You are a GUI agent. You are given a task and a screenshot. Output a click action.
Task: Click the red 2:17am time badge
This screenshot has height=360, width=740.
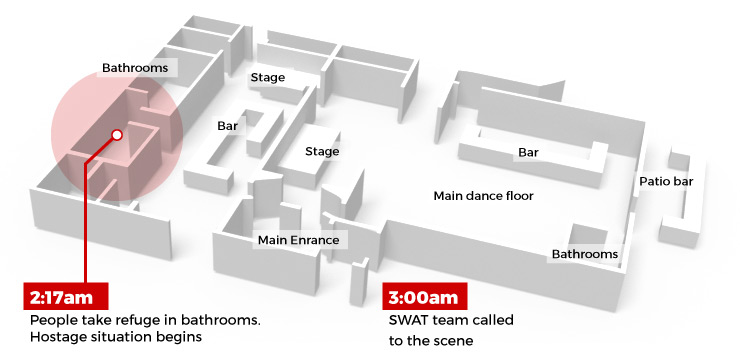[65, 297]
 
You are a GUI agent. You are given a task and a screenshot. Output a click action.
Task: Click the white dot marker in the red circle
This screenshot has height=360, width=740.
[117, 134]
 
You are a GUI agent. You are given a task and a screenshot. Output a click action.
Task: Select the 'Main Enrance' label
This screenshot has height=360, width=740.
[298, 240]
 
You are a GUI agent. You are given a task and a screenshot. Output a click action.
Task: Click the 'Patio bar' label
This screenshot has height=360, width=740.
[666, 182]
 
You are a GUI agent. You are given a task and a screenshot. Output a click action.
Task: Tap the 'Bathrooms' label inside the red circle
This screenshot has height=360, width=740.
[139, 68]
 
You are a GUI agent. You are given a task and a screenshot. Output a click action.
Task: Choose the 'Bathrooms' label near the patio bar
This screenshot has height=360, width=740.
[585, 255]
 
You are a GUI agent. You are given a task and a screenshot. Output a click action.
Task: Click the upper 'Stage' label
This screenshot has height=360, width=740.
[267, 77]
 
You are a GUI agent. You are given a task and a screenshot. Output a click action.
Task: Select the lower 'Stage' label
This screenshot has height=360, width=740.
[322, 152]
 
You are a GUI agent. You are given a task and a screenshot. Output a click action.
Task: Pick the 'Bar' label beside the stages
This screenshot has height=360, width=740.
[227, 127]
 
